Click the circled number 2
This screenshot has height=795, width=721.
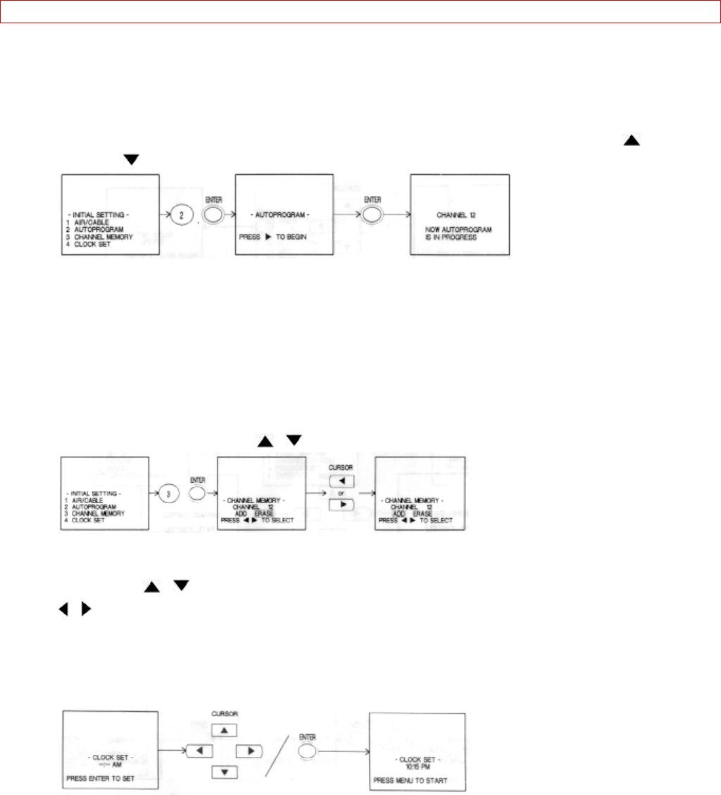[x=182, y=216]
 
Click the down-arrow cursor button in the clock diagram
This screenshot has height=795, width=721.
[x=225, y=772]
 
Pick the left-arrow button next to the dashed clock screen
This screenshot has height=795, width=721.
[x=200, y=751]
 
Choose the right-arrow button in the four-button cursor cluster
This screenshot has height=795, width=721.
[x=250, y=751]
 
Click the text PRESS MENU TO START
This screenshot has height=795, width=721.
[x=410, y=781]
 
